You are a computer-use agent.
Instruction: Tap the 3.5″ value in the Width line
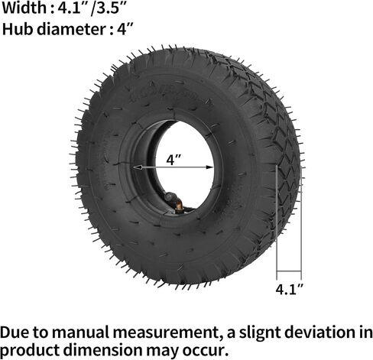110,10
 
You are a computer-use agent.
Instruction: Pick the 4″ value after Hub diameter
126,31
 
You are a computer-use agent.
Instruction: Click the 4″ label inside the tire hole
174,161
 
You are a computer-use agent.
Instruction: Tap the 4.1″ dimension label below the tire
289,290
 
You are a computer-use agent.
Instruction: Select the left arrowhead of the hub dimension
136,167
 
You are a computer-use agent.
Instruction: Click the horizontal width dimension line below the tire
289,274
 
